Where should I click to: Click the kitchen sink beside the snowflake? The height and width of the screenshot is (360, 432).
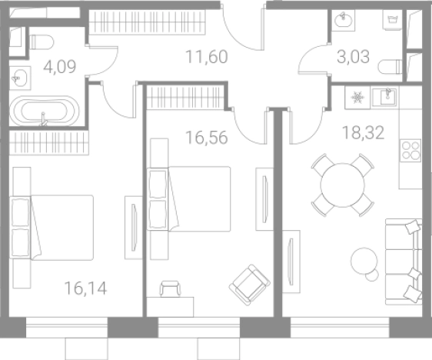[384, 97]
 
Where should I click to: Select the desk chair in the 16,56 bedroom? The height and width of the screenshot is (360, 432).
[170, 288]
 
